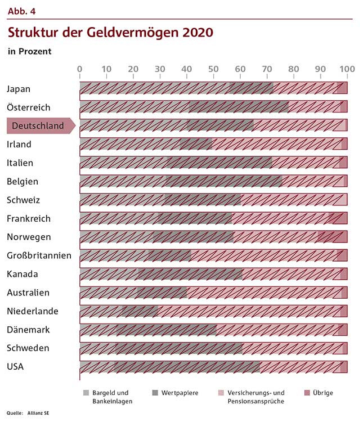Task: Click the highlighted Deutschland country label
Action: pos(38,126)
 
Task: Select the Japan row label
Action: pos(19,89)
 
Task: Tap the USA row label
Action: pos(15,367)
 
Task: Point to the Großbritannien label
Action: pos(39,256)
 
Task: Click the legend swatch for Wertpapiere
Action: pos(155,393)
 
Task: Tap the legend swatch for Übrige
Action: pos(307,393)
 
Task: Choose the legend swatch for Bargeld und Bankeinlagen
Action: pos(86,393)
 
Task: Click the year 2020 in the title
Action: pos(197,32)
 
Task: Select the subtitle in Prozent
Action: pos(29,51)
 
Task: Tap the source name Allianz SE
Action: pos(39,414)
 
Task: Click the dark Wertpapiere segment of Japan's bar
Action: pos(251,88)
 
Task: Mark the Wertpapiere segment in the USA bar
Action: pos(188,367)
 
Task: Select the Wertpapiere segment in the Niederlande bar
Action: pos(140,311)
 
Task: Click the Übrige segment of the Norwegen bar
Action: pos(339,237)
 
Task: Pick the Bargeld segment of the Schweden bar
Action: pos(97,348)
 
